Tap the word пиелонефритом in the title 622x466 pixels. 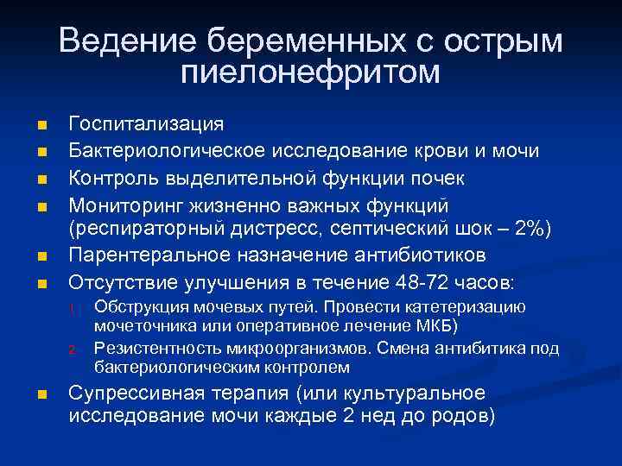(x=311, y=72)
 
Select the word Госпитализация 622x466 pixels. (x=146, y=125)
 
